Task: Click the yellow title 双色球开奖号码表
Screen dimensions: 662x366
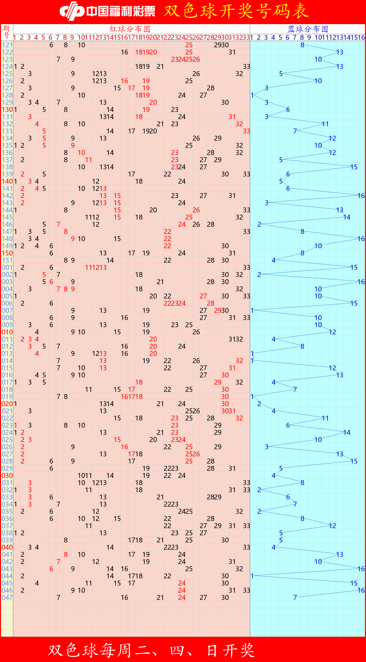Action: coord(236,11)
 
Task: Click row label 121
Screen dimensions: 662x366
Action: coord(7,45)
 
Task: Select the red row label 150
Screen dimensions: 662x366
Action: coord(7,253)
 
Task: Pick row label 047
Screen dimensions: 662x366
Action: coord(7,597)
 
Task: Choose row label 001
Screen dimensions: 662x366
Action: coord(7,267)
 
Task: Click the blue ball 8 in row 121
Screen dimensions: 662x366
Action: coord(302,45)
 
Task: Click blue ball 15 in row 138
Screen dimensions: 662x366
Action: coord(354,167)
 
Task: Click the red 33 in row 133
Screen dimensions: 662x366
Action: coord(246,131)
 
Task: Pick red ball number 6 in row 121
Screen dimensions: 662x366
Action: coord(51,45)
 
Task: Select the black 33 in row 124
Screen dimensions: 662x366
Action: coord(246,67)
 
